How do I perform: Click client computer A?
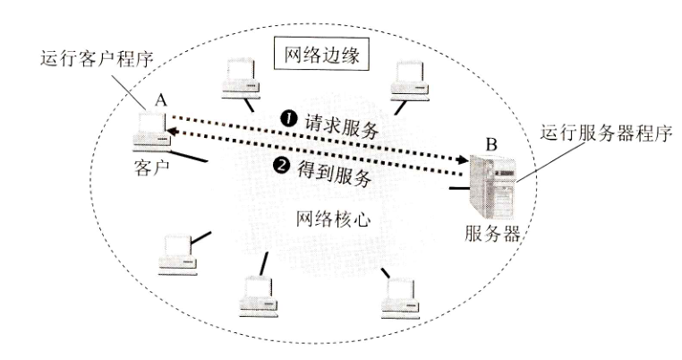[x=149, y=131]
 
